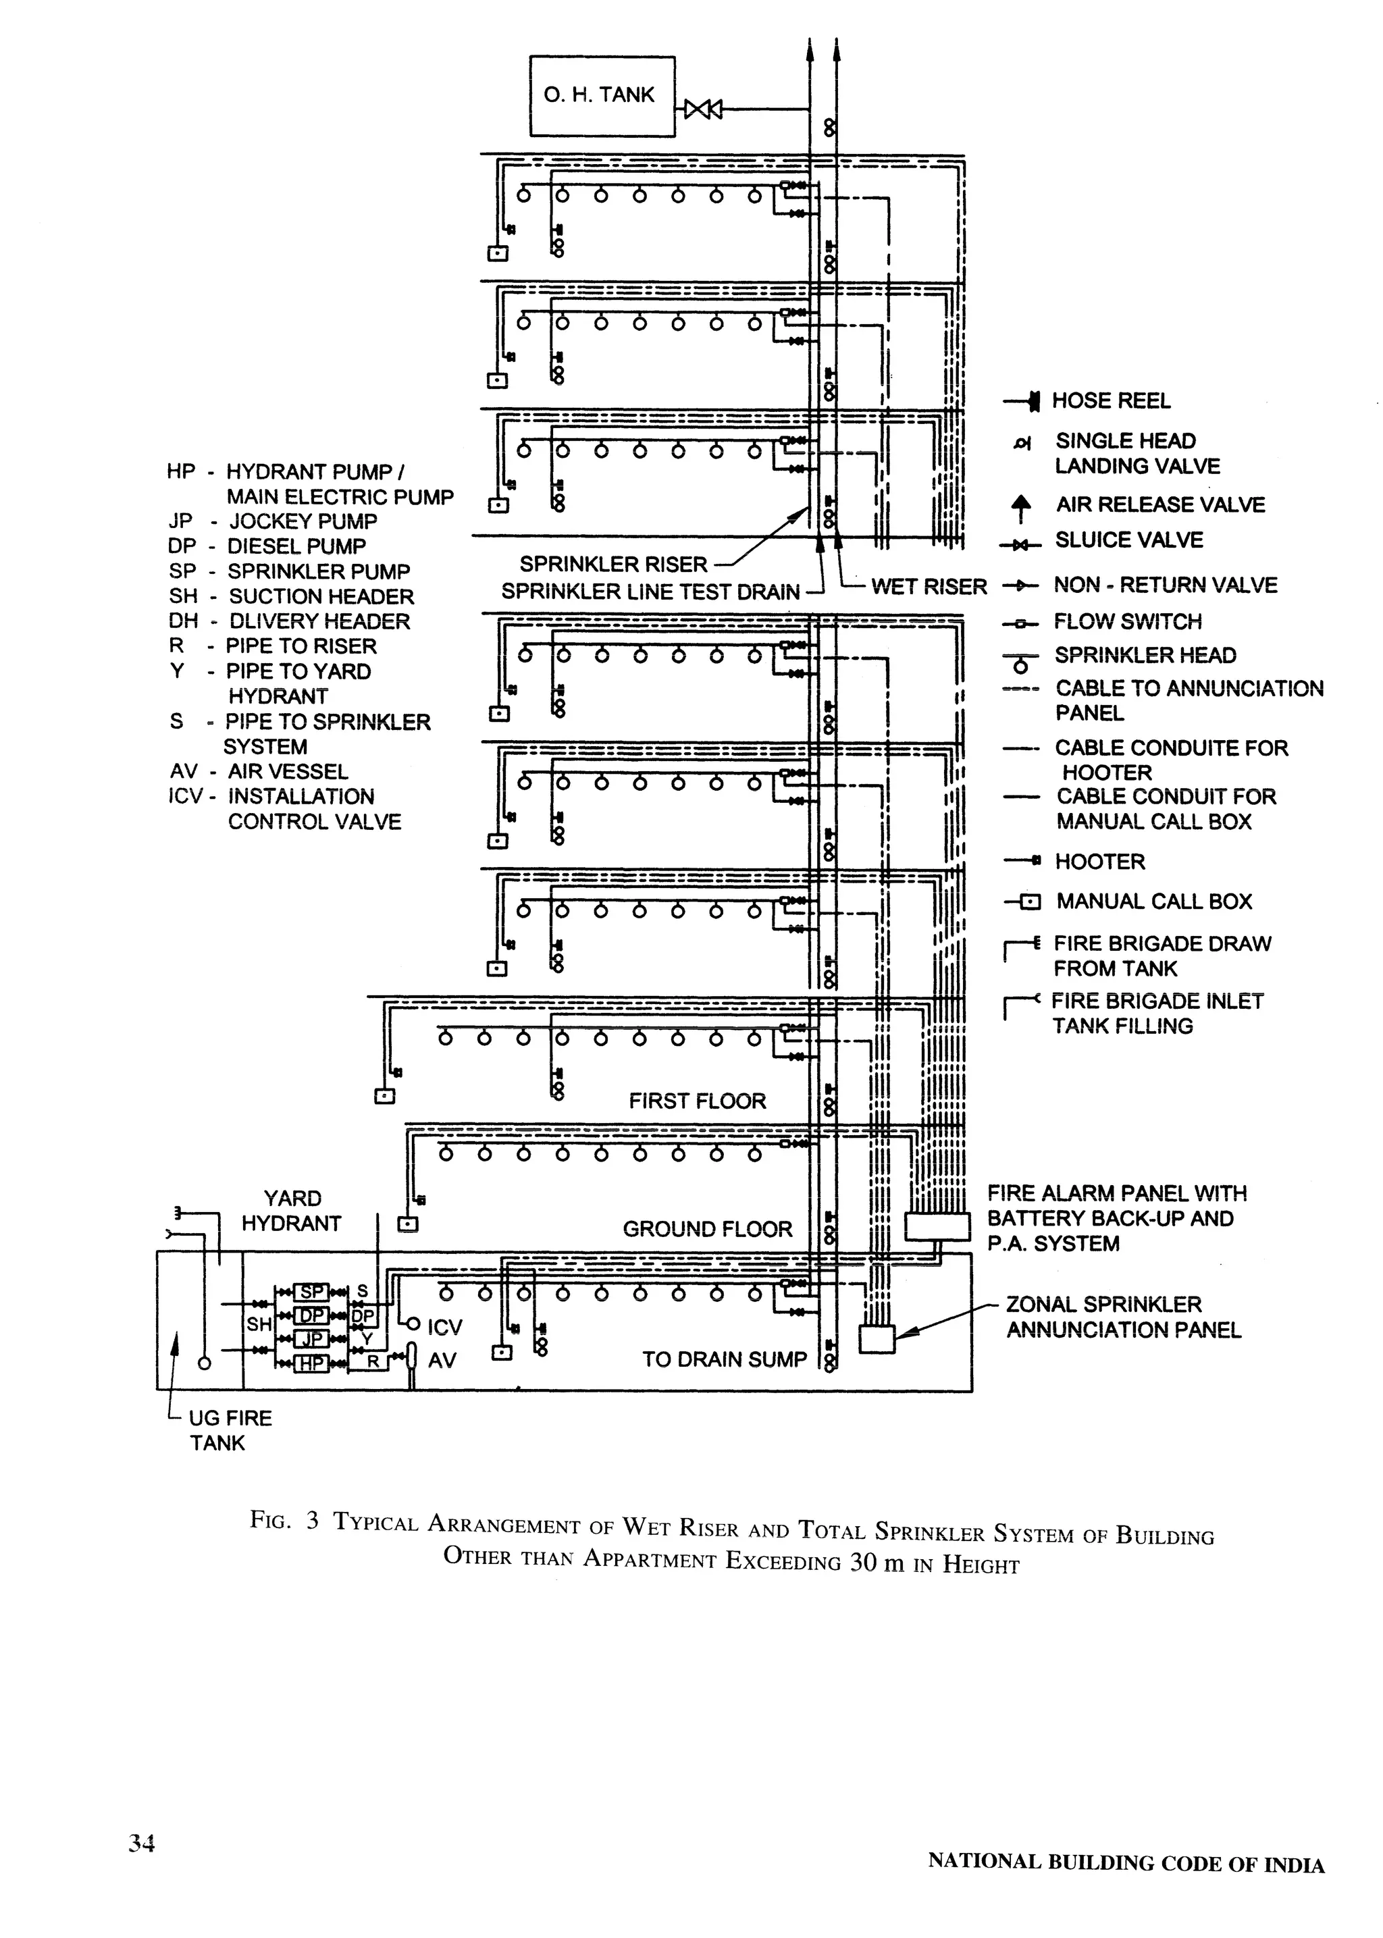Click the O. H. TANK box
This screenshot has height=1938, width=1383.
click(x=601, y=95)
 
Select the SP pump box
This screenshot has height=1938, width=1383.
click(x=312, y=1292)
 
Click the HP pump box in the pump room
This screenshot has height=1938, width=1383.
click(x=312, y=1363)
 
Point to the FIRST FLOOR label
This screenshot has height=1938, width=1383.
click(x=697, y=1101)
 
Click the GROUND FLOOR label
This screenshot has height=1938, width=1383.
click(x=707, y=1229)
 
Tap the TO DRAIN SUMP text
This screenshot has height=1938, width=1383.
click(x=724, y=1359)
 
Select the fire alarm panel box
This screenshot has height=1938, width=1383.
click(x=937, y=1226)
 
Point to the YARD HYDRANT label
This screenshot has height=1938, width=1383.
click(x=291, y=1211)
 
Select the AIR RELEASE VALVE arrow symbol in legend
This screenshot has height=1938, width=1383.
click(x=1021, y=508)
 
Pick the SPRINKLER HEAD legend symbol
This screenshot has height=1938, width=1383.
click(x=1020, y=660)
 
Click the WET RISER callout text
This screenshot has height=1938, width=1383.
click(x=929, y=587)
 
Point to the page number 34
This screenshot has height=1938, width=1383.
click(x=141, y=1843)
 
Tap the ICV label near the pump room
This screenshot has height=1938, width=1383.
click(x=444, y=1327)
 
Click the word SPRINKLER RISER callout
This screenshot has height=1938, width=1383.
click(x=613, y=565)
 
